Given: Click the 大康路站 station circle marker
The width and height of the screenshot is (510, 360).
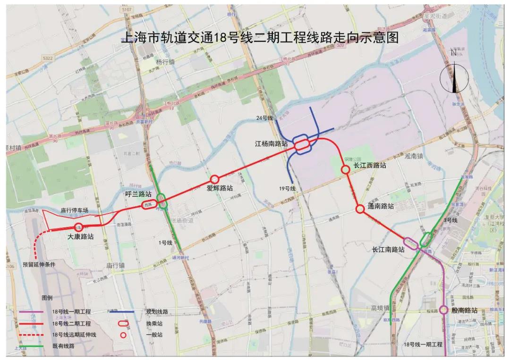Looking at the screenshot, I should [78, 227].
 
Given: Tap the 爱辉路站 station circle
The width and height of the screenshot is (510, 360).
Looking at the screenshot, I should [214, 179].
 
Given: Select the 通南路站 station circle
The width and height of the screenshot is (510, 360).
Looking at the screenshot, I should [360, 209].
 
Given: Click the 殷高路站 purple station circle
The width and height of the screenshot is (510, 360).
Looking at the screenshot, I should [443, 310].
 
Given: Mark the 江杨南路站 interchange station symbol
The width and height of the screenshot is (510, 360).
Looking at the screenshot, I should [302, 145].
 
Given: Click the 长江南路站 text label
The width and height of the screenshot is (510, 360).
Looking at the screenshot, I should [388, 250].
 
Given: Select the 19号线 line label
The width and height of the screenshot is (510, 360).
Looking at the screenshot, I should [287, 189].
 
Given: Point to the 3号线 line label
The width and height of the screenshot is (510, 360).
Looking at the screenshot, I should [450, 220].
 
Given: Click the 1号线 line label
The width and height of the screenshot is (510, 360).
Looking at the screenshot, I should [165, 243].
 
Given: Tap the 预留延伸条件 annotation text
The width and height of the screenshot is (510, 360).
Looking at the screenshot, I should [39, 265].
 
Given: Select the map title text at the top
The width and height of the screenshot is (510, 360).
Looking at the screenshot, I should [260, 38].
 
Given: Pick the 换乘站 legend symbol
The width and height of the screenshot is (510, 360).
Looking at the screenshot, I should [124, 324].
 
